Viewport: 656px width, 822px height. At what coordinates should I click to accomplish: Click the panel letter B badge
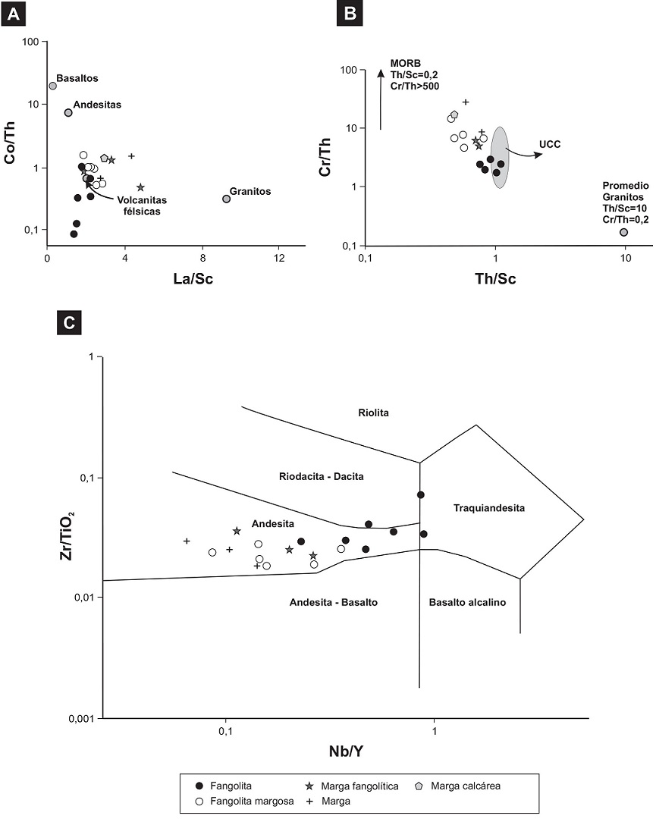(x=350, y=13)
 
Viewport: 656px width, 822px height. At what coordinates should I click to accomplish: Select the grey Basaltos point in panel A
(x=52, y=86)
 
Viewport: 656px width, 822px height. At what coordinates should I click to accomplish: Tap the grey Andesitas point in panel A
(x=68, y=112)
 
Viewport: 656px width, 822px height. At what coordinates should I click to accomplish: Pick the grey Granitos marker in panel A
(x=226, y=199)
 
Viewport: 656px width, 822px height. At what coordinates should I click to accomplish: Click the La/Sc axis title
(x=177, y=280)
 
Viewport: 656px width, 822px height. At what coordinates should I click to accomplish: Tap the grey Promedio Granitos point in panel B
(x=623, y=232)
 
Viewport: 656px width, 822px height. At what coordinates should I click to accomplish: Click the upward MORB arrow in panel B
(x=381, y=99)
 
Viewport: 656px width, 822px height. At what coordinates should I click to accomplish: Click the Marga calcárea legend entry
(x=458, y=786)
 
